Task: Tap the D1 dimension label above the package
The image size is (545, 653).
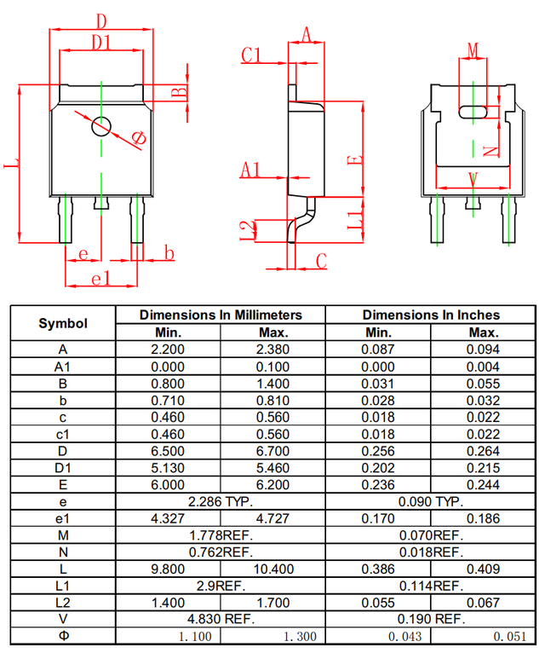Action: click(101, 42)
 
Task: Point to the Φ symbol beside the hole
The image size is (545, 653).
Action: click(139, 138)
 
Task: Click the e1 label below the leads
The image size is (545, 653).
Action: click(100, 278)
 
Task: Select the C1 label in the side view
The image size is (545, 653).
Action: click(251, 55)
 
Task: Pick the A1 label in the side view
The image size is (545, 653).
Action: click(250, 170)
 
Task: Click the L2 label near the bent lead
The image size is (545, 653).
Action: click(249, 231)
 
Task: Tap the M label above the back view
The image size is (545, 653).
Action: click(473, 50)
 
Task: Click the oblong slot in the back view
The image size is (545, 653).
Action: click(473, 112)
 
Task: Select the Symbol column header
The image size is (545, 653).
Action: click(63, 323)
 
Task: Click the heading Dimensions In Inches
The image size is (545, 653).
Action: click(431, 315)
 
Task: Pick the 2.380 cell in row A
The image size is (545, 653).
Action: click(272, 349)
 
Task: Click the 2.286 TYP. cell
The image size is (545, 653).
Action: click(221, 501)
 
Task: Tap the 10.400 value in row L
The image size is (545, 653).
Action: click(273, 569)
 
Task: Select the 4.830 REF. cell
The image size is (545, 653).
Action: click(221, 619)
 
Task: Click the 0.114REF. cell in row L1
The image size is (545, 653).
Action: click(431, 586)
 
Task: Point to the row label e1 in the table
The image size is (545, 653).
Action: click(63, 518)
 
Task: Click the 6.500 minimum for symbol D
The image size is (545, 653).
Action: click(168, 451)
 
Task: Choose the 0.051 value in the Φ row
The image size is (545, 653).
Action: click(509, 636)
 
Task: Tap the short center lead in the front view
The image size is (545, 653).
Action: click(101, 203)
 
